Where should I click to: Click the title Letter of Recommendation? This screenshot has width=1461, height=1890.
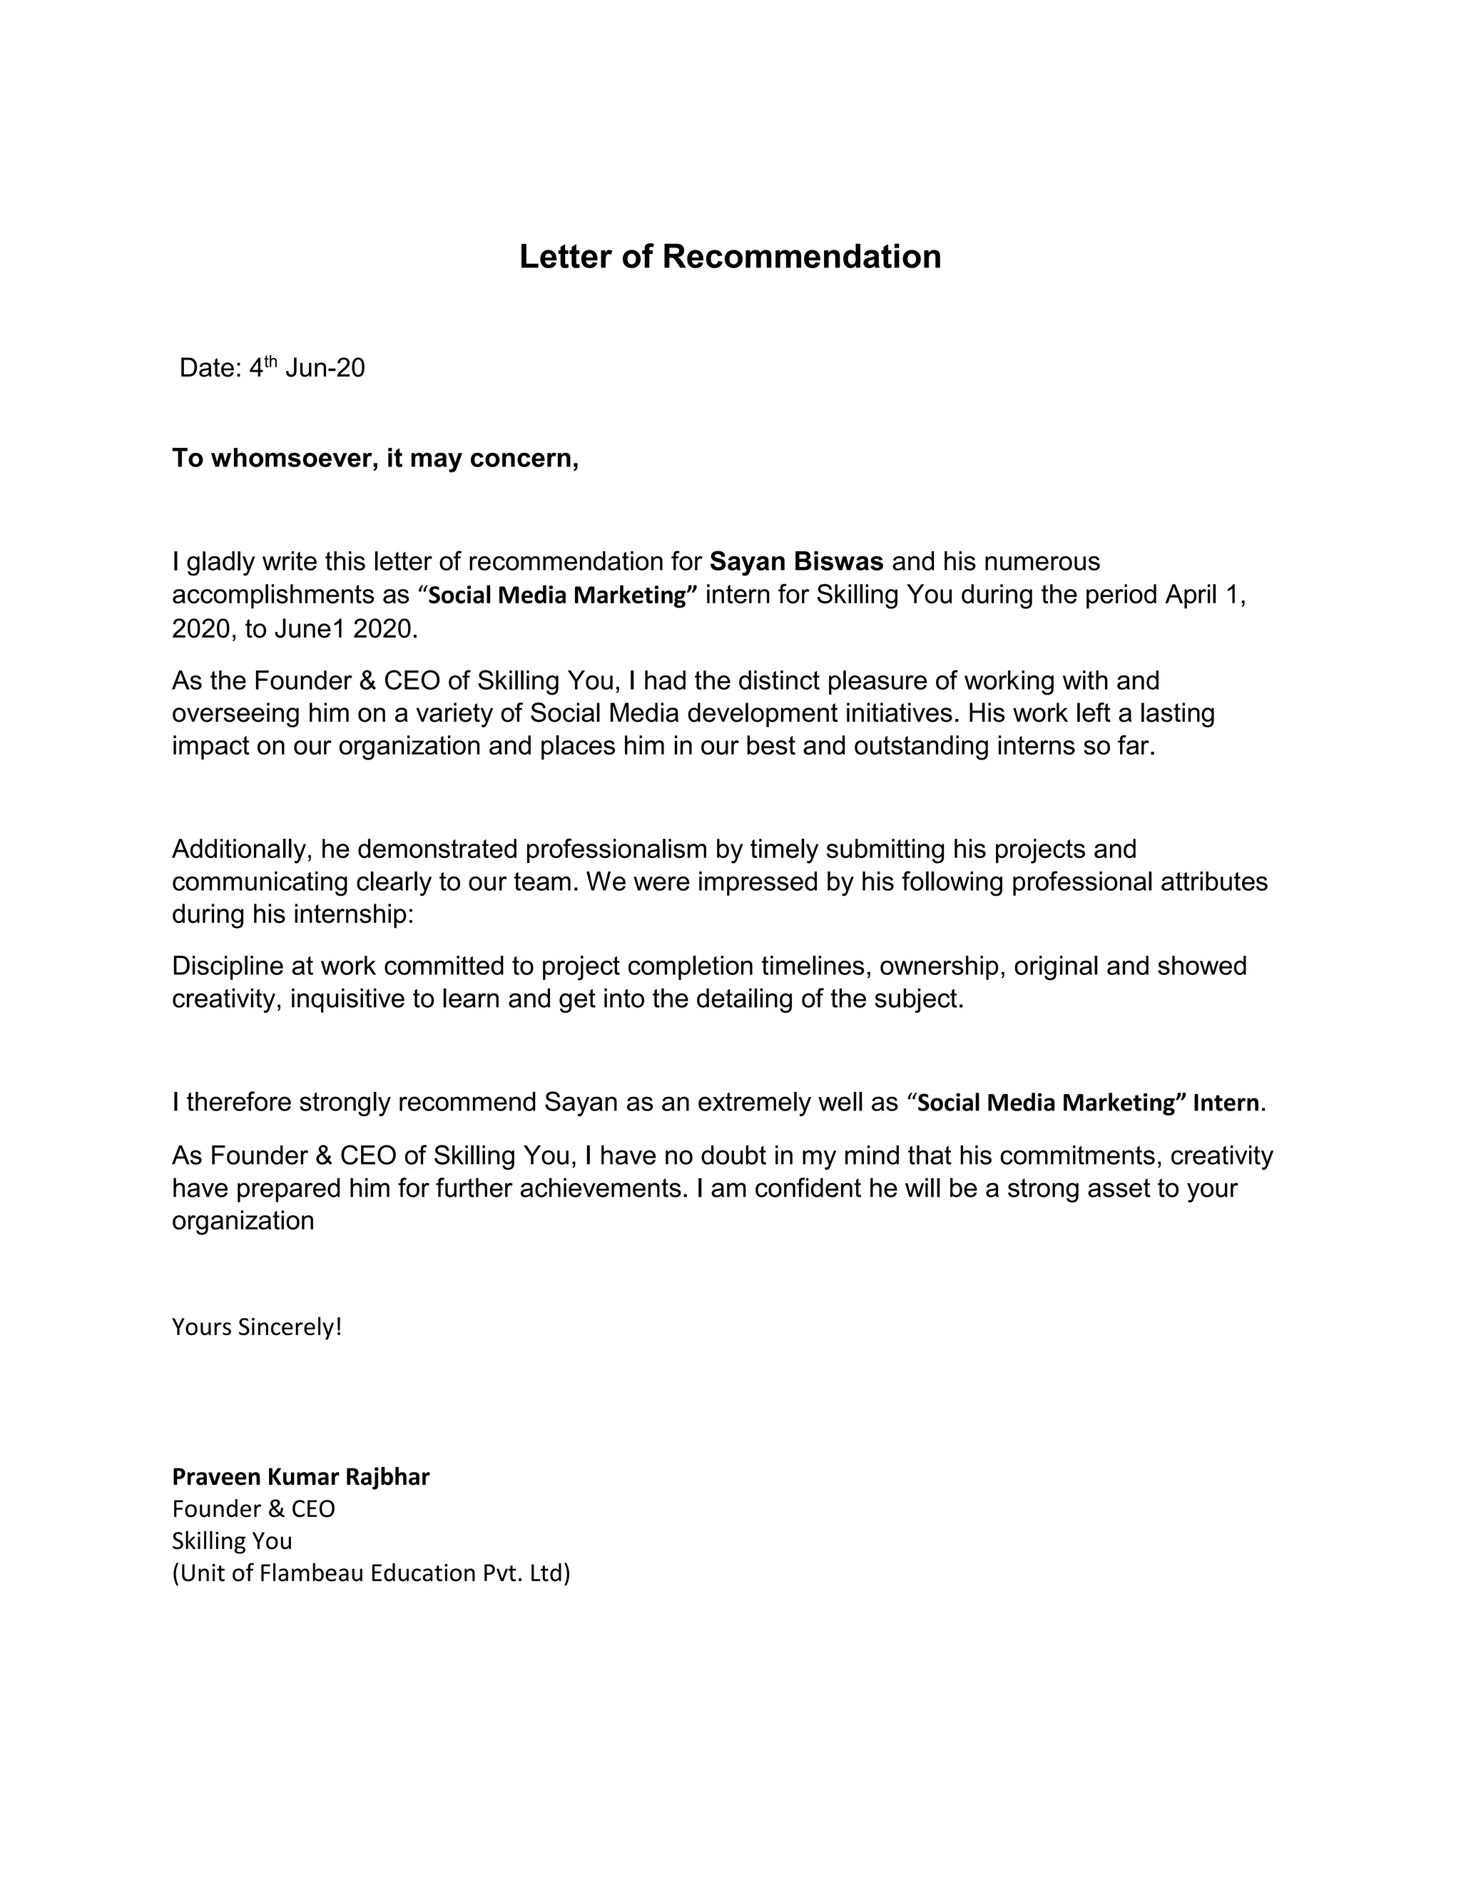[730, 257]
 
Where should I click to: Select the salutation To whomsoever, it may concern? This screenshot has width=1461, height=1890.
[375, 458]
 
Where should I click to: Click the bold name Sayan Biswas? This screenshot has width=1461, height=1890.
[795, 561]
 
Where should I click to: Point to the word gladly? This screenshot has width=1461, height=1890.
[220, 561]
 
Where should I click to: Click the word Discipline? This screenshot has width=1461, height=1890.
[228, 966]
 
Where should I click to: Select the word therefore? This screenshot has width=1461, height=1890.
[239, 1103]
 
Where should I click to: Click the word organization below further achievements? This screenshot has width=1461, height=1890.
[243, 1221]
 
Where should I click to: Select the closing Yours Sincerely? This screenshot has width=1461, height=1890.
[257, 1327]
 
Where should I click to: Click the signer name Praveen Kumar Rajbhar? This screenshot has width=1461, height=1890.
[300, 1476]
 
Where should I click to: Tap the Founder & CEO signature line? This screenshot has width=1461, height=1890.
[253, 1508]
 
